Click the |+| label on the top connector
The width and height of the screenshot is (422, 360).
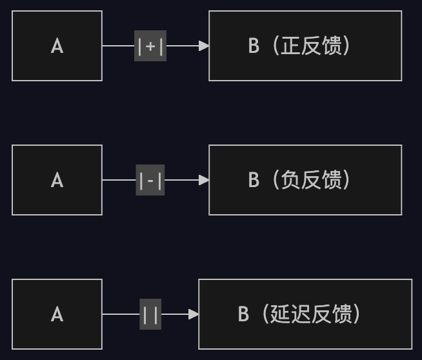point(150,46)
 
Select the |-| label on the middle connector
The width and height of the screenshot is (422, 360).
point(150,180)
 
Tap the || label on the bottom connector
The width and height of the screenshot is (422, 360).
point(150,314)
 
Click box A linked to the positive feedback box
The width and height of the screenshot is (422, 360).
point(57,46)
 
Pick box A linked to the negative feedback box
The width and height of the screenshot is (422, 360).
point(57,180)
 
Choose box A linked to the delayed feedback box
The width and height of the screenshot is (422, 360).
point(57,314)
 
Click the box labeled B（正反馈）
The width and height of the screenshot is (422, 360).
point(305,46)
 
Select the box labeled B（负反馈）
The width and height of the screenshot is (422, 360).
point(305,180)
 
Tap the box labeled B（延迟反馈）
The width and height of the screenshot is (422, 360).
point(305,314)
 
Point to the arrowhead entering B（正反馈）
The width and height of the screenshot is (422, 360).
point(204,46)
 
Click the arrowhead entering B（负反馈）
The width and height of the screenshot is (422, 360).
point(204,180)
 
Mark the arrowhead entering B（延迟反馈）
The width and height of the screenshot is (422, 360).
point(194,314)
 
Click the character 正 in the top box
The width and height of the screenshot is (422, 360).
point(292,46)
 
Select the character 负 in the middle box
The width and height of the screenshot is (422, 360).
point(292,180)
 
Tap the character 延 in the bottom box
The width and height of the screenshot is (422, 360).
point(281,314)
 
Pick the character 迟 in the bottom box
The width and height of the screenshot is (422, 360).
point(301,314)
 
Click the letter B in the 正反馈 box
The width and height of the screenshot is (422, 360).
point(254,46)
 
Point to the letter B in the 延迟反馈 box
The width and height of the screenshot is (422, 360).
point(243,314)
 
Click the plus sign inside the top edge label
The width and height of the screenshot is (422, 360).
point(150,46)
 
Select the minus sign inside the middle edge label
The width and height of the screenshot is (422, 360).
point(150,181)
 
